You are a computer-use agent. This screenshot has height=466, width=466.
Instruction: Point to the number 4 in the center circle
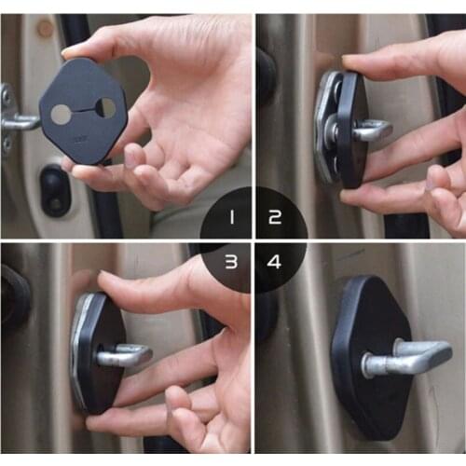[274, 262]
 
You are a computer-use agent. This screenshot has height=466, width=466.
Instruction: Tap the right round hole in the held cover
[107, 108]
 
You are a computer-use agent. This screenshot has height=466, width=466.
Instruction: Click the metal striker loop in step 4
[410, 356]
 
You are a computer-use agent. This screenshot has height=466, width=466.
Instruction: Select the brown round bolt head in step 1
[45, 28]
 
